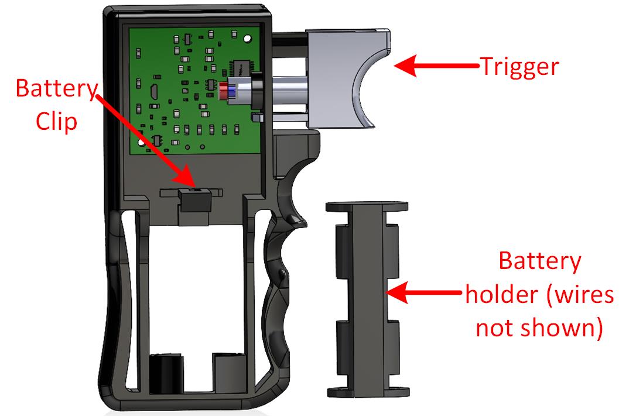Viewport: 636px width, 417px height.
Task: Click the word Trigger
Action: tap(519, 67)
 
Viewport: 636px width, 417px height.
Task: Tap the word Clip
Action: tap(56, 121)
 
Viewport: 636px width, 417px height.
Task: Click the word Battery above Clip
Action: tap(57, 89)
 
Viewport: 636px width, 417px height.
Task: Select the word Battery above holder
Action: tap(539, 261)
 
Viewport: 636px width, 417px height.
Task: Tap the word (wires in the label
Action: tap(580, 294)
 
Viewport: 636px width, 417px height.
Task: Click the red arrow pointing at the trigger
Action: tap(436, 66)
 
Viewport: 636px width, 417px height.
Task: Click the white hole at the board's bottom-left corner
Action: tap(141, 143)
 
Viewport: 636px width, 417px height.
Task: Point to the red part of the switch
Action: tap(223, 91)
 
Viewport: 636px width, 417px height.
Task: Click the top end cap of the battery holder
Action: tap(367, 206)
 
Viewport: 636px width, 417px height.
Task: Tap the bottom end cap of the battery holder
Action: tap(368, 392)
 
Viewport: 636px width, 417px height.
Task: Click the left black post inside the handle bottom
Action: tap(166, 373)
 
